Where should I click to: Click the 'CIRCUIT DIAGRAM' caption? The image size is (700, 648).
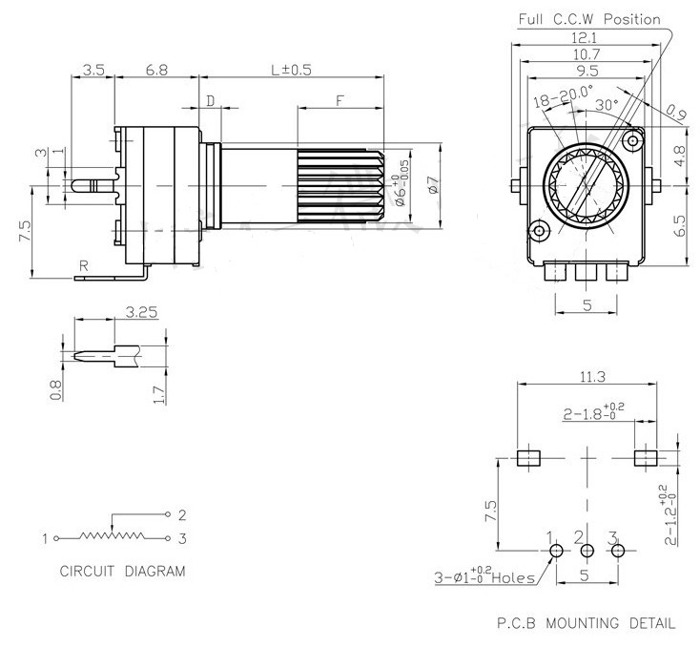pos(122,572)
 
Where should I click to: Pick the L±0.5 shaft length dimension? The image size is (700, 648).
pos(292,71)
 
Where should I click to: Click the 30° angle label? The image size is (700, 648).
pos(607,103)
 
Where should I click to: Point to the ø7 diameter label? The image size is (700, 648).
pos(432,186)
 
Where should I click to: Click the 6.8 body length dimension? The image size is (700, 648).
pos(157,71)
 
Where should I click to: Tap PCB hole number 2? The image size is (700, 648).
pos(587,551)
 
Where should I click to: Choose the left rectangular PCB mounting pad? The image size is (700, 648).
pos(527,457)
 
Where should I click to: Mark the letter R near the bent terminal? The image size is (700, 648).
pos(84,265)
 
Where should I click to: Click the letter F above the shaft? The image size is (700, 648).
pos(340,99)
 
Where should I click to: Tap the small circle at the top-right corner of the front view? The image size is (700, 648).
pos(630,142)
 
